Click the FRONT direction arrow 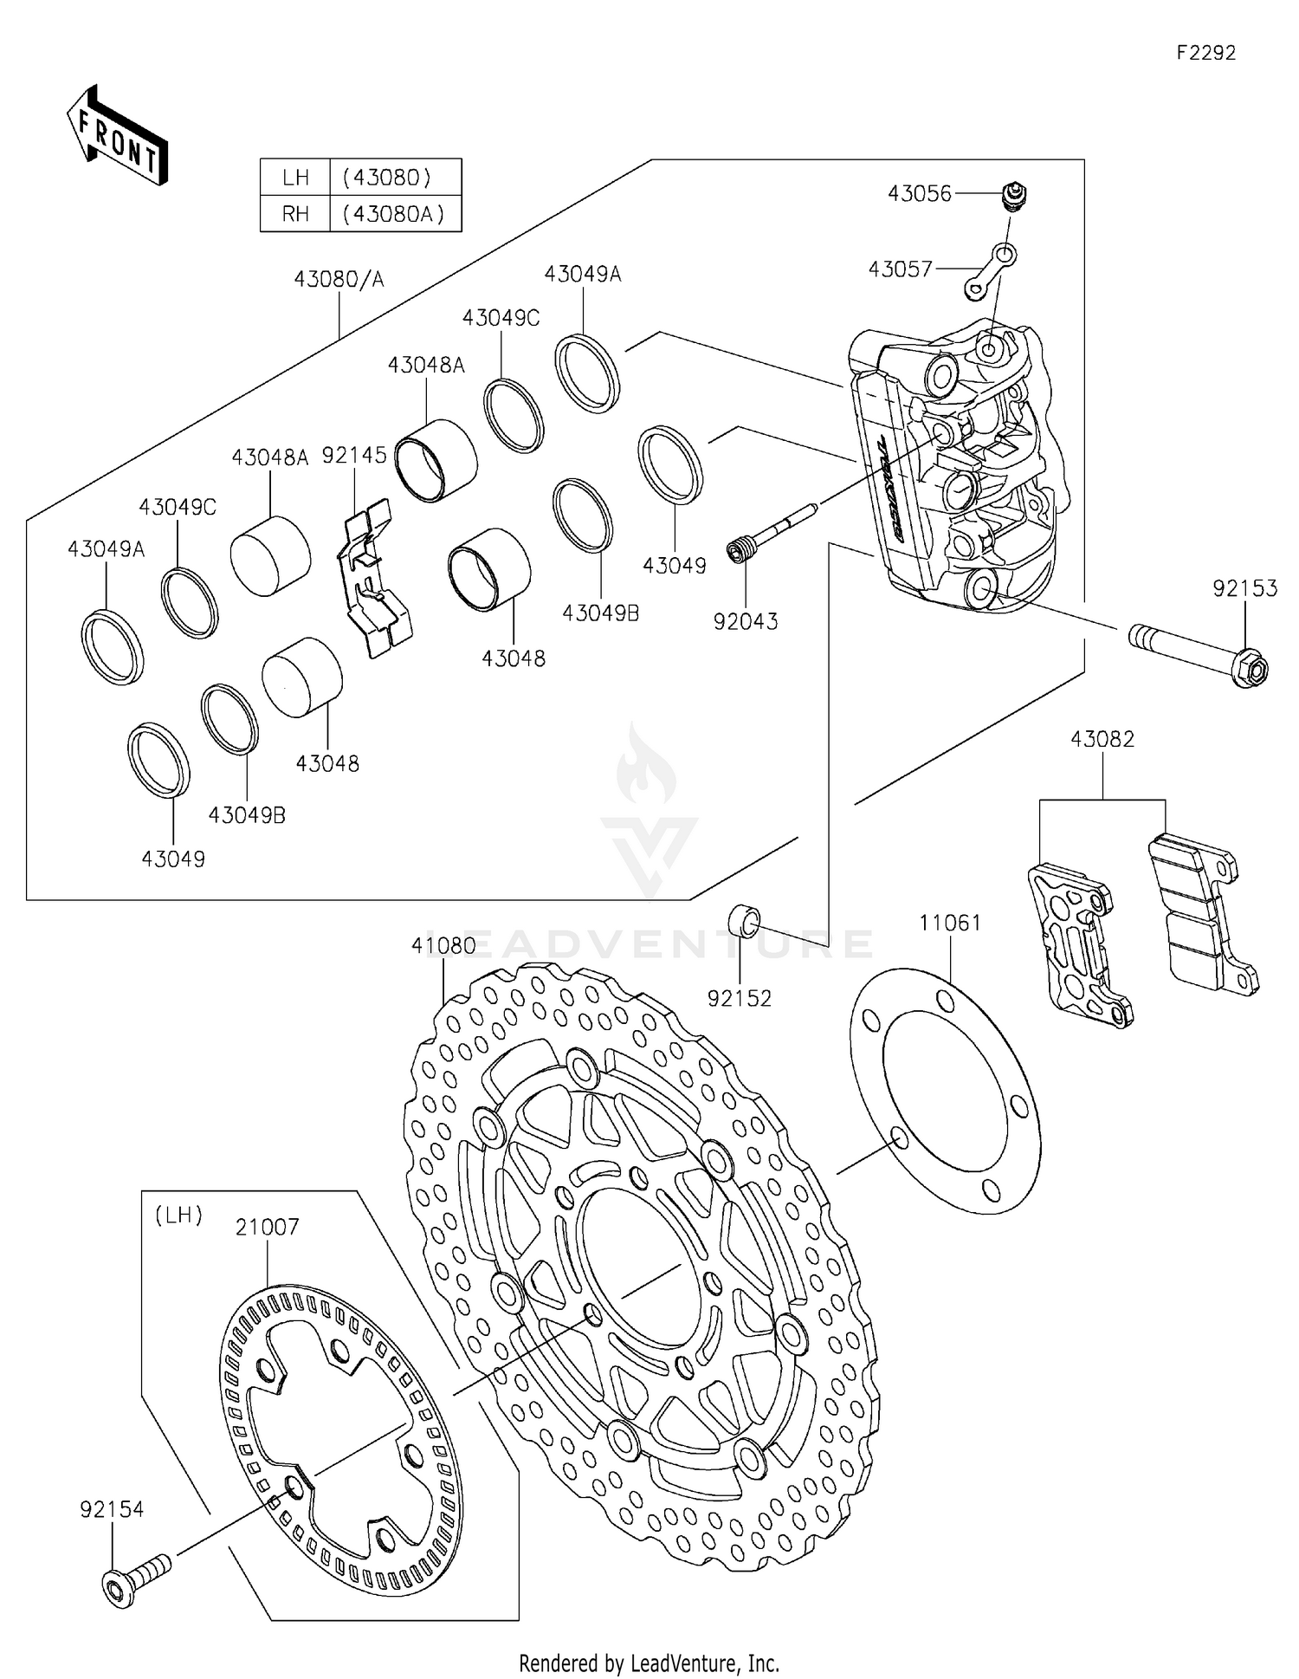point(118,136)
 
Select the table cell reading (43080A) point(394,214)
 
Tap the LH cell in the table point(295,178)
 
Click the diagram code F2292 point(1205,53)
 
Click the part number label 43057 point(900,269)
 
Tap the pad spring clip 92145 point(373,579)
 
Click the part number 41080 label point(443,946)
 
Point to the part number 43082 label point(1102,740)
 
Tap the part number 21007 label point(268,1227)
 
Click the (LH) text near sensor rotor point(178,1215)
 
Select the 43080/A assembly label point(339,279)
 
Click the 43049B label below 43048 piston point(247,815)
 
